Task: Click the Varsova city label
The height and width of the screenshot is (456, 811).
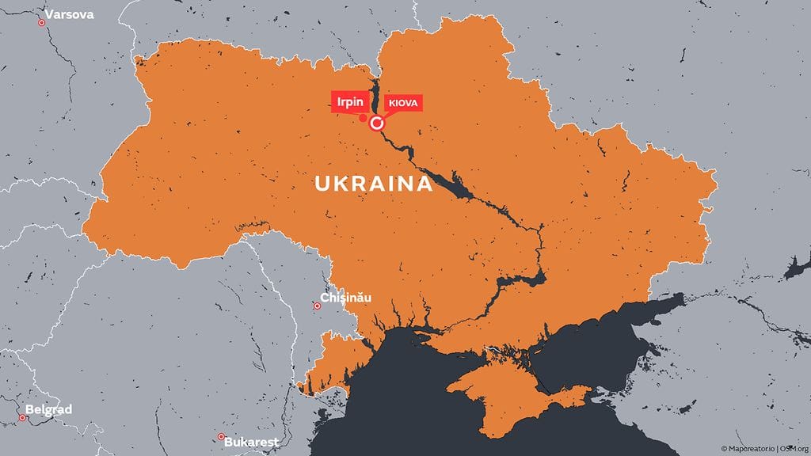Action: [x=70, y=15]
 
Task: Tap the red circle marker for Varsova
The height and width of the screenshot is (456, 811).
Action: [x=42, y=22]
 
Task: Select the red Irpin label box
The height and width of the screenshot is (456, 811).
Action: [x=348, y=101]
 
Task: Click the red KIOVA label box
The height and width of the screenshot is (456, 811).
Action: [x=402, y=103]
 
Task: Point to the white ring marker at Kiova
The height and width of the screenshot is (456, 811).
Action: [x=377, y=123]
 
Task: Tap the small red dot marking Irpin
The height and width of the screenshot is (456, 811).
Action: [x=363, y=119]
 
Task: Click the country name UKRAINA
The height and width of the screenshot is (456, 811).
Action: [x=374, y=184]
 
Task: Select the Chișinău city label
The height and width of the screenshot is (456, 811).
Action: [x=345, y=299]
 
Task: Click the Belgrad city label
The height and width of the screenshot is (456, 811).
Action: [x=49, y=410]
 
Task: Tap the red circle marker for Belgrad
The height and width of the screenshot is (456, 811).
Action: [x=22, y=418]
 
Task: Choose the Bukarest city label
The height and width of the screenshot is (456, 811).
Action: [x=250, y=443]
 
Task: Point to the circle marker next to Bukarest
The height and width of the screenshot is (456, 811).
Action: [x=221, y=437]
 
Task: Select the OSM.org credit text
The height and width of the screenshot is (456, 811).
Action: [x=792, y=449]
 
